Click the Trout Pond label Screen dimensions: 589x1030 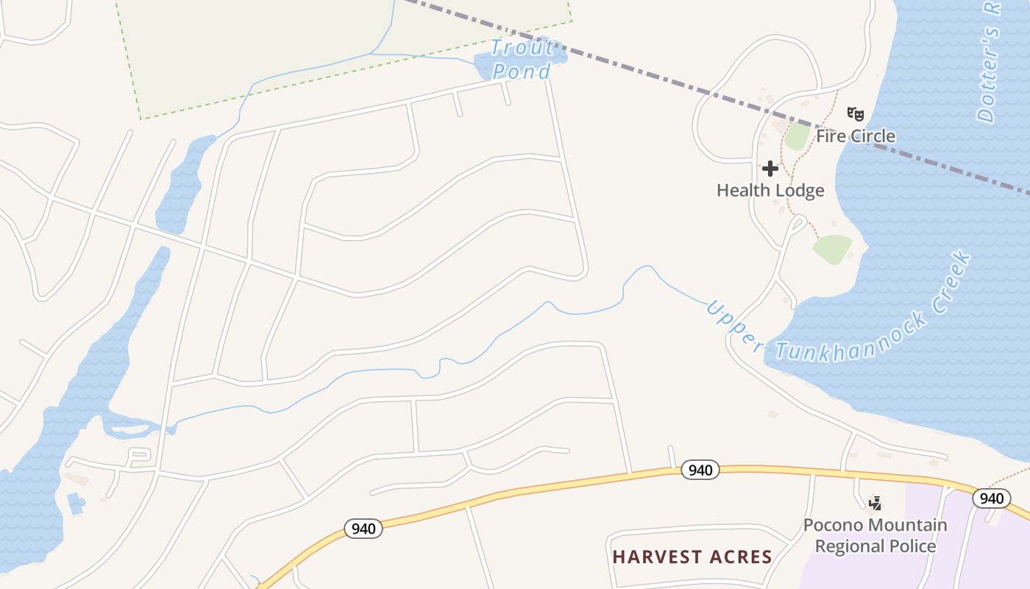click(x=522, y=59)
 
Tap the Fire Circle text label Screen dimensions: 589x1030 click(x=856, y=136)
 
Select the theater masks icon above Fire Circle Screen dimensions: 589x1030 click(x=855, y=114)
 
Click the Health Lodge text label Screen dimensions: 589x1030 click(x=770, y=191)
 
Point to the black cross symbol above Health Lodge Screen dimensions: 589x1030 click(x=770, y=169)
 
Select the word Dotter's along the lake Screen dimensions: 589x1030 click(x=988, y=74)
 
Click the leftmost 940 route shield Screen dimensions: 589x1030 click(x=363, y=528)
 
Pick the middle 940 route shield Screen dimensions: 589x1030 click(x=700, y=470)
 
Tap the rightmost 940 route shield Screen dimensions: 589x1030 click(x=991, y=498)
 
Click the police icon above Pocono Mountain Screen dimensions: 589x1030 click(x=875, y=504)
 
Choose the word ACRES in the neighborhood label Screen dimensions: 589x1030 click(x=740, y=557)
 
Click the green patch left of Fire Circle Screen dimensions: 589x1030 click(x=796, y=137)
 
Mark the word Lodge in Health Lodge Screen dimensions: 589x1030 click(x=800, y=191)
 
